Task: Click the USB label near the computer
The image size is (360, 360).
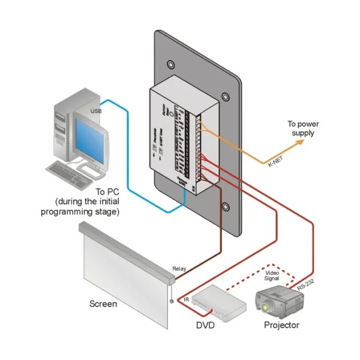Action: point(95,112)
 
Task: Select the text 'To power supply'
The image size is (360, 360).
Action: point(302,129)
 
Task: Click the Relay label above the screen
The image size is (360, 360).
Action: point(179,269)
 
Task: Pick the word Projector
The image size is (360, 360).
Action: point(281,326)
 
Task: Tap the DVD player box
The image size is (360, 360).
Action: point(223,300)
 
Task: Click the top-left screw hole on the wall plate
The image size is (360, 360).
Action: point(173,64)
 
